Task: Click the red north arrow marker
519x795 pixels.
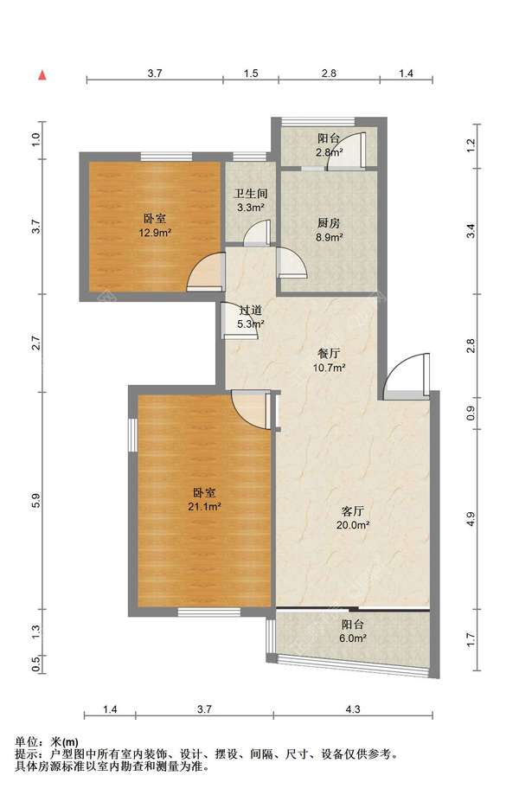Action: tap(43, 75)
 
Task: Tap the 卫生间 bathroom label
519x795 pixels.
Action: tap(250, 194)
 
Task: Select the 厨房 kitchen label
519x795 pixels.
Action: tap(329, 222)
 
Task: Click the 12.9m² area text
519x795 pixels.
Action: tap(155, 234)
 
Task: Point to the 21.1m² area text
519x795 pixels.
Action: tap(204, 507)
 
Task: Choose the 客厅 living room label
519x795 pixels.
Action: tap(353, 510)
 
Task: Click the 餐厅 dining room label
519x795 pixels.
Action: tap(329, 354)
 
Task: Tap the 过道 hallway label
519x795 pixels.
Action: tap(250, 310)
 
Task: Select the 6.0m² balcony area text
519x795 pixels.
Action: tap(353, 638)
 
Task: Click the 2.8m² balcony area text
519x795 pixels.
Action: tap(330, 151)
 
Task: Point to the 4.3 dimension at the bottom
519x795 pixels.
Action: tap(353, 708)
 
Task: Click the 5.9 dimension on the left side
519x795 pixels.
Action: tap(35, 500)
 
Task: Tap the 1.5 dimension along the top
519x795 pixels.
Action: tap(251, 73)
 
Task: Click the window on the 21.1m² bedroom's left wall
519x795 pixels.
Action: tap(133, 434)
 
